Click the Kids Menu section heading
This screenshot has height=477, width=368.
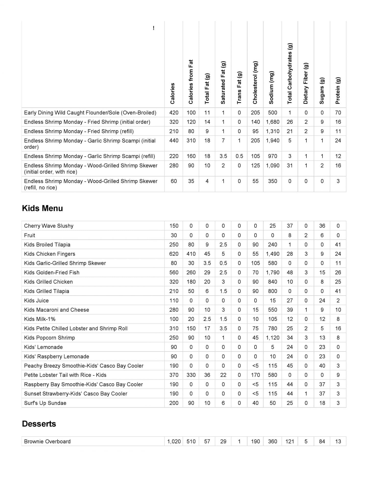click(42, 208)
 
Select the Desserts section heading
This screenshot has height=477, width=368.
click(39, 424)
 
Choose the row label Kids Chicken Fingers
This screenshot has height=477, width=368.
click(50, 254)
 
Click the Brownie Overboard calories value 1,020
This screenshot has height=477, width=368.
click(174, 441)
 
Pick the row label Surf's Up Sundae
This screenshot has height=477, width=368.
click(45, 403)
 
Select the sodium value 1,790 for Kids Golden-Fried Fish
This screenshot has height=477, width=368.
click(272, 273)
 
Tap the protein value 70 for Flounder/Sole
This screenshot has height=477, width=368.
click(338, 113)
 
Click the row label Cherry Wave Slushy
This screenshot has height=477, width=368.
click(49, 226)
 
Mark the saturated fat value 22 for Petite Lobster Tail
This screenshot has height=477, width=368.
click(223, 375)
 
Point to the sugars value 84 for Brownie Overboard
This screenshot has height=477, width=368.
click(322, 441)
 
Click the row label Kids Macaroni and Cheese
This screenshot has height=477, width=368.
click(56, 310)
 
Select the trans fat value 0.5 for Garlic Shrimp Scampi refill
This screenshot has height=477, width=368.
click(239, 156)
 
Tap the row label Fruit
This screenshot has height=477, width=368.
click(30, 235)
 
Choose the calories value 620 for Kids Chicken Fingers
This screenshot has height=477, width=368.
click(174, 254)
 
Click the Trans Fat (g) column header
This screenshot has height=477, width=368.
click(239, 88)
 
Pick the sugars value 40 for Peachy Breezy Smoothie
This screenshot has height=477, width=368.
click(322, 366)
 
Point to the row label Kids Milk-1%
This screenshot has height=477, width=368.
click(40, 319)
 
